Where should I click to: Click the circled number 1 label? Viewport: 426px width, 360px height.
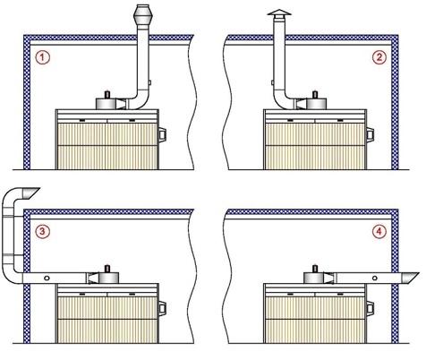point(42,57)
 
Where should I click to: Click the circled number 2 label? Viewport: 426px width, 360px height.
point(379,57)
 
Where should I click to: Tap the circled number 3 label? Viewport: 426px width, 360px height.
point(42,231)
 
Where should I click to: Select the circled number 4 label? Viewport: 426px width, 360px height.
point(379,231)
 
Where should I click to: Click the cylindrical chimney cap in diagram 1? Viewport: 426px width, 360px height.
point(143,15)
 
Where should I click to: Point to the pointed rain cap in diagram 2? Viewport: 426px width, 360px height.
point(279,13)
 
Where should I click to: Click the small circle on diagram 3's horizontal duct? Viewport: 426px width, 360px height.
point(47,279)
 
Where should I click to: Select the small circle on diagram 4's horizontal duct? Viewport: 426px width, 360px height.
point(375,279)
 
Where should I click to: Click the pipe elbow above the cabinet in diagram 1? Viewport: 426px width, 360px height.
point(140,100)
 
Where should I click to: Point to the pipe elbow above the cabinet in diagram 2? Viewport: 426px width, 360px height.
point(283,100)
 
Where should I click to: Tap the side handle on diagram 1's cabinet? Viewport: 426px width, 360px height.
point(162,134)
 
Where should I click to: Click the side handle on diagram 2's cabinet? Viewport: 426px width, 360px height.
point(371,134)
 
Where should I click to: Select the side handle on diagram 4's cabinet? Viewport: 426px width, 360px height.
point(371,309)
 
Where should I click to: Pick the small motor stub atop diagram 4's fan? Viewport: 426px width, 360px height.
point(314,269)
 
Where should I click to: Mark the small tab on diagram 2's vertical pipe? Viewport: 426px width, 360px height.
point(272,82)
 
